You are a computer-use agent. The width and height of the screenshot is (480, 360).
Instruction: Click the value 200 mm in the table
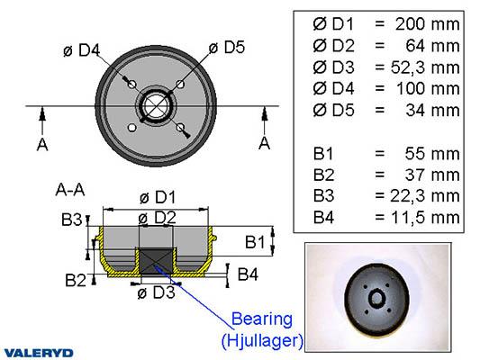(x=428, y=24)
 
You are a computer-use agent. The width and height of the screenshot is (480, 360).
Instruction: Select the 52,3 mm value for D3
(x=425, y=67)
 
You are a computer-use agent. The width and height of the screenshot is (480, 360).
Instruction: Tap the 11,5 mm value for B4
(x=425, y=218)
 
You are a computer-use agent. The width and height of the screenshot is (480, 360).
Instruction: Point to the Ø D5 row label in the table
(x=333, y=110)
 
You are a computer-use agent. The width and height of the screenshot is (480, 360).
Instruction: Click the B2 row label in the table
(x=323, y=175)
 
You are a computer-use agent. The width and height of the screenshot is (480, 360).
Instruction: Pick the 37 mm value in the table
(x=432, y=175)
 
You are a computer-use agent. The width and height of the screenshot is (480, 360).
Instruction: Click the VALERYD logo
(x=39, y=353)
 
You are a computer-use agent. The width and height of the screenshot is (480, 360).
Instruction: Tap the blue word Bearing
(x=262, y=319)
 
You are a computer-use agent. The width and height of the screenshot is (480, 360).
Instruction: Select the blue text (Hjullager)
(x=262, y=340)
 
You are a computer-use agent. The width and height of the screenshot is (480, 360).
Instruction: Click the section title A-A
(x=70, y=190)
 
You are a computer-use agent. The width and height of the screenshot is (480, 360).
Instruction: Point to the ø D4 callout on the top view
(x=81, y=50)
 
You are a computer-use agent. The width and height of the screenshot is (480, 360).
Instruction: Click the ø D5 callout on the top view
(x=227, y=48)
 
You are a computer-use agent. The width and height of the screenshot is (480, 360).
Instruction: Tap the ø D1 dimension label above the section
(x=158, y=197)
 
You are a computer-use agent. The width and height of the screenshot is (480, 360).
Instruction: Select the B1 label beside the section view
(x=255, y=242)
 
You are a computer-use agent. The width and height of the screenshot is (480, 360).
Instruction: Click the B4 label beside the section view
(x=248, y=274)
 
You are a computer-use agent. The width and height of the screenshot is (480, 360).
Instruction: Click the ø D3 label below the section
(x=156, y=292)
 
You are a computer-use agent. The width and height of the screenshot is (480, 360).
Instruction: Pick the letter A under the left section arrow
(x=42, y=144)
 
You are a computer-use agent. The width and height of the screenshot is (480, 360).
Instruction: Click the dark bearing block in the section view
(x=156, y=261)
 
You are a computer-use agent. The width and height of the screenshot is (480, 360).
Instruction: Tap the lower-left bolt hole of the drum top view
(x=132, y=128)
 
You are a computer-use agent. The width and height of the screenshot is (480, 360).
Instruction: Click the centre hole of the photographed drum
(x=376, y=298)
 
